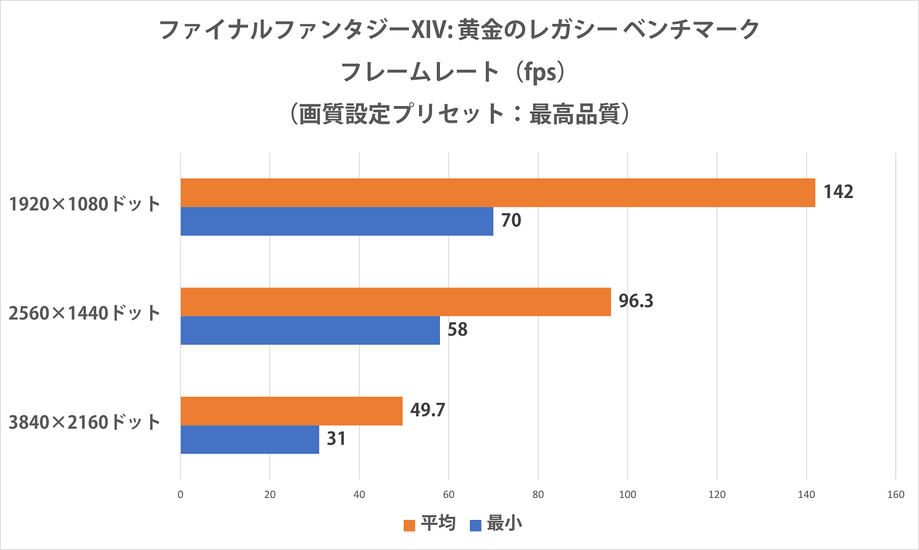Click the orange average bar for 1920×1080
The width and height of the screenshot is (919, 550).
[497, 193]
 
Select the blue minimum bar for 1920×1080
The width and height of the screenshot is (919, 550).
[337, 221]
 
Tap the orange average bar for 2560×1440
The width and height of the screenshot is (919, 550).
[396, 302]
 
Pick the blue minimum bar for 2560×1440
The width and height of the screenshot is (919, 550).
[310, 330]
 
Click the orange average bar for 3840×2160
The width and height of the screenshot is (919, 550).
[292, 411]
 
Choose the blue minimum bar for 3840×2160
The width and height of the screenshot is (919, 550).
[250, 440]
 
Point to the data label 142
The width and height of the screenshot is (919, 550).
[838, 192]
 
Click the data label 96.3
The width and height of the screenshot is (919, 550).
[636, 301]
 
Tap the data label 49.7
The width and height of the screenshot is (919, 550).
[428, 410]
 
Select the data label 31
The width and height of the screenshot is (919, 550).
[336, 439]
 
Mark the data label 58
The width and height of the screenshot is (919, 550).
[457, 330]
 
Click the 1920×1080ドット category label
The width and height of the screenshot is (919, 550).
[85, 204]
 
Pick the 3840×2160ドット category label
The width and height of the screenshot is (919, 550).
[85, 422]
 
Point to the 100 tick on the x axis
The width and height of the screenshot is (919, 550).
[627, 495]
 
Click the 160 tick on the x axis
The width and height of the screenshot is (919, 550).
[896, 495]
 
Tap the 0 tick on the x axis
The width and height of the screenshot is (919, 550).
[180, 495]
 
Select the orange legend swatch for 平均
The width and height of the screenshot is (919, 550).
[409, 525]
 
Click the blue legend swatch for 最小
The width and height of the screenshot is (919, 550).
[475, 525]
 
